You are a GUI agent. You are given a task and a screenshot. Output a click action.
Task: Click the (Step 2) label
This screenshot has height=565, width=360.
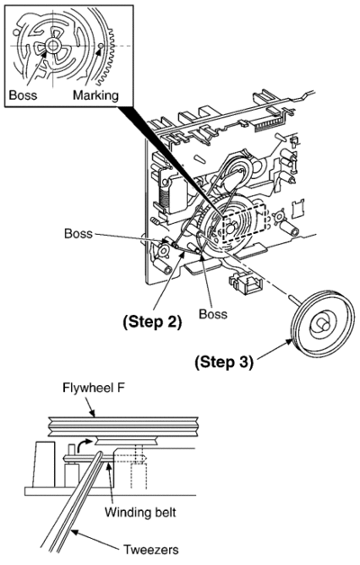coord(152,322)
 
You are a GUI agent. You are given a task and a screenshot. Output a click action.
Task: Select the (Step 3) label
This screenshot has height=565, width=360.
coord(224,362)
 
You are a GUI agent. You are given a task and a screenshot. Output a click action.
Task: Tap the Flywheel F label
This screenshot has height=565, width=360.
coord(94,388)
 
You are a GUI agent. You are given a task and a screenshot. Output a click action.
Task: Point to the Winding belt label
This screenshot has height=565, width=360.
coord(140,512)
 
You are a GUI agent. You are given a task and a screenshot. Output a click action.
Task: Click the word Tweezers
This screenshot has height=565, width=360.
coord(151,550)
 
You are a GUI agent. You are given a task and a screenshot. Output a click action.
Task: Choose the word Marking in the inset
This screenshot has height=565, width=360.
coord(95,95)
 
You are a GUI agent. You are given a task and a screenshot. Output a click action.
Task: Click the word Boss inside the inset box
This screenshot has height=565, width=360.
coord(22,95)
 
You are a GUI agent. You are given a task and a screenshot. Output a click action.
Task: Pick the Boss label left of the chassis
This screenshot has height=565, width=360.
coord(78,233)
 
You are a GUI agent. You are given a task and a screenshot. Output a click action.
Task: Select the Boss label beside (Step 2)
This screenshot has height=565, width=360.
coord(213,313)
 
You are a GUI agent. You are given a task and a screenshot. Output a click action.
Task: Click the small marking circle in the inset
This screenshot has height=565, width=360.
coord(101,46)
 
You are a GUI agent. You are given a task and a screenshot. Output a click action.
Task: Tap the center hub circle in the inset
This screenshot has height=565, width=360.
coord(52,45)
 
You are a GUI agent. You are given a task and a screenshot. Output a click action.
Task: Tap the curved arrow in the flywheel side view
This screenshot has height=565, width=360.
coord(85,444)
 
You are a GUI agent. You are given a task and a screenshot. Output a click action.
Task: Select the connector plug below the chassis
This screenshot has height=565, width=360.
coord(246,283)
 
